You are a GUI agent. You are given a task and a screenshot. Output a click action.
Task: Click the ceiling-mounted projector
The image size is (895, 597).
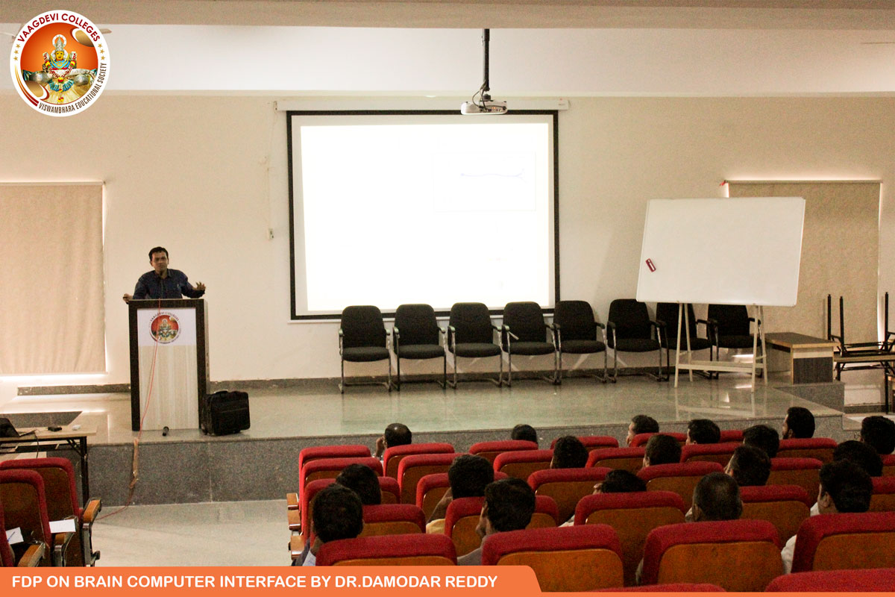pos(483,105)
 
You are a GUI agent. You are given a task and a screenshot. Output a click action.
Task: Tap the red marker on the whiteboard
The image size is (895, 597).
pos(650,265)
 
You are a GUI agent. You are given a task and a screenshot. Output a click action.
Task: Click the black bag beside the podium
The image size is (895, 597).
pos(225,412)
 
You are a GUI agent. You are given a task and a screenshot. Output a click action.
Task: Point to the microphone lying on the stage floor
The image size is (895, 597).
pos(165,431)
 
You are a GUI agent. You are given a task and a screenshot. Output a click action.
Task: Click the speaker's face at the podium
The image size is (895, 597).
pos(159,261)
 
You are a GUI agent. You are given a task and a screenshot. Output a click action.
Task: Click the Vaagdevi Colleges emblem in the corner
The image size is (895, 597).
pos(60,63)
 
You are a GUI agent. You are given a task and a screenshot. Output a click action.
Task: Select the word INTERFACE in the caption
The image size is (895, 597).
pos(263,581)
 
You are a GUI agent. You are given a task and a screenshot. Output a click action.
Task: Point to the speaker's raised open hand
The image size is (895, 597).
pos(199,286)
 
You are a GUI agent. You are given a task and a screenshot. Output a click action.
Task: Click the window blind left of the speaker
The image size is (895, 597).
pos(52,278)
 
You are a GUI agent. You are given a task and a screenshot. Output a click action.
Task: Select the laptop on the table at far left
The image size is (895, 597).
pos(10,428)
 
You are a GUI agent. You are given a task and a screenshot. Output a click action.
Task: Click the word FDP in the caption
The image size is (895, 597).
pos(27,581)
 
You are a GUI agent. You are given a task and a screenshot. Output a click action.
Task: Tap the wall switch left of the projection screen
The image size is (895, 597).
pos(271,233)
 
